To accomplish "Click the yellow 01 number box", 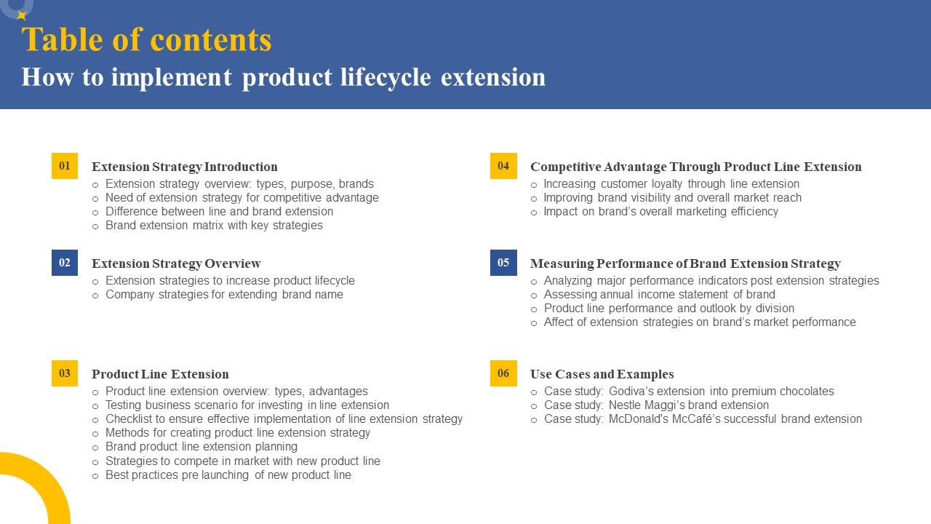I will click(x=65, y=166).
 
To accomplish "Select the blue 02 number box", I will click(x=65, y=263).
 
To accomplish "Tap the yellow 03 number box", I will click(x=65, y=373).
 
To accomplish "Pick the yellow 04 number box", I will click(x=503, y=166).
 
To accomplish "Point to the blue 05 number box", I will click(x=503, y=263).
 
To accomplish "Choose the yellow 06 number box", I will click(x=503, y=373).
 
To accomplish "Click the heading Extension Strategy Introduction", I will click(x=184, y=167).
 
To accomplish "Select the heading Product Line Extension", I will click(x=160, y=374).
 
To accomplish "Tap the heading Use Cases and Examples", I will click(x=602, y=374).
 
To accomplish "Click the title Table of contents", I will click(x=146, y=40).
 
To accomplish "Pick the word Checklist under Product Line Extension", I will click(x=129, y=419).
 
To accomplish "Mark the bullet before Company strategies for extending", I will click(x=95, y=295).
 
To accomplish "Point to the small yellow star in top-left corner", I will click(x=22, y=15).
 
